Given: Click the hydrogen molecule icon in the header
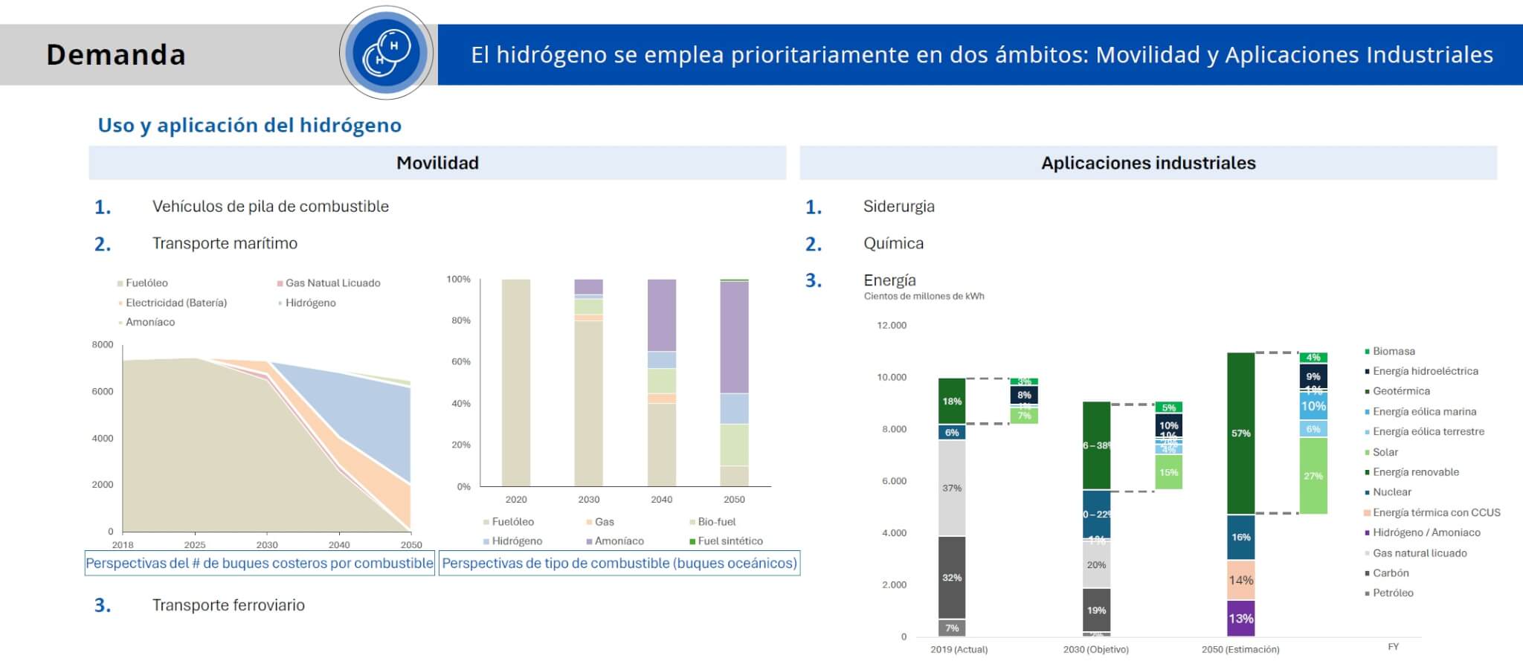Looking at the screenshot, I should click(x=387, y=53).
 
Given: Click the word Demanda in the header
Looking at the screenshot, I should click(x=116, y=55).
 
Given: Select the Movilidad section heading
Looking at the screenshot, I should click(x=437, y=163).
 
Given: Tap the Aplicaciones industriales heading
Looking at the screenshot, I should click(x=1147, y=163).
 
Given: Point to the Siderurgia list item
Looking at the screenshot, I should click(x=898, y=207).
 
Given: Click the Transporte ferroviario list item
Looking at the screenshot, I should click(x=228, y=605).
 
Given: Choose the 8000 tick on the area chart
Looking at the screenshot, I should click(x=103, y=345).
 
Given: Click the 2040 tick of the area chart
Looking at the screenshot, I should click(x=339, y=545).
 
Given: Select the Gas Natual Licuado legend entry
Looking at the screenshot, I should click(x=332, y=283).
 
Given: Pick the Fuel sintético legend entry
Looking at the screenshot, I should click(x=730, y=541).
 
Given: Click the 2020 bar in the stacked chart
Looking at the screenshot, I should click(x=516, y=382).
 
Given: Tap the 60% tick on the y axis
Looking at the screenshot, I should click(x=459, y=362).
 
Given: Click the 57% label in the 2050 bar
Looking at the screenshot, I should click(x=1240, y=433).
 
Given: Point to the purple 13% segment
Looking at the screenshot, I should click(x=1240, y=619).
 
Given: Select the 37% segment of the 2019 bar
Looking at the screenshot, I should click(x=952, y=488).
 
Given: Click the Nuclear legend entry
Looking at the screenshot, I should click(x=1391, y=492).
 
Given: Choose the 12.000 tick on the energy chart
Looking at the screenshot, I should click(x=892, y=326).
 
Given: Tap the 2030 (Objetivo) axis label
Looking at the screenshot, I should click(x=1095, y=650).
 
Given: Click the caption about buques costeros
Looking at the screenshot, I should click(x=260, y=564).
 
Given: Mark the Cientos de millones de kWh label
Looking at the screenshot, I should click(x=924, y=297).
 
